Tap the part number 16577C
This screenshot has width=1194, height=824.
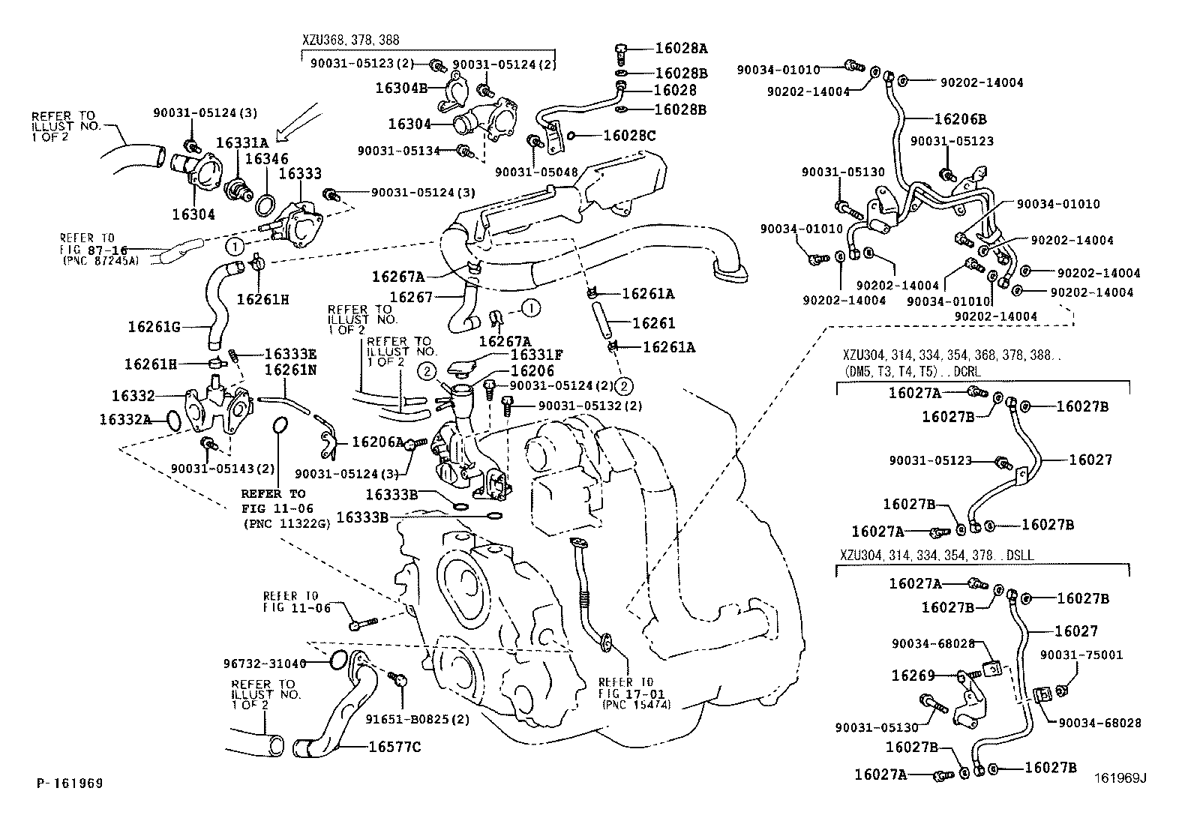[x=394, y=747]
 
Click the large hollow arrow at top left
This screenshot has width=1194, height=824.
[x=301, y=122]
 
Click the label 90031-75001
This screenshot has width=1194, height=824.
[x=1081, y=655]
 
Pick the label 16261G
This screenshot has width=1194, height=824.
[x=154, y=327]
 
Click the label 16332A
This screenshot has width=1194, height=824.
[x=125, y=419]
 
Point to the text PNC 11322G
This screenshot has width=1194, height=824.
[x=286, y=523]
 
